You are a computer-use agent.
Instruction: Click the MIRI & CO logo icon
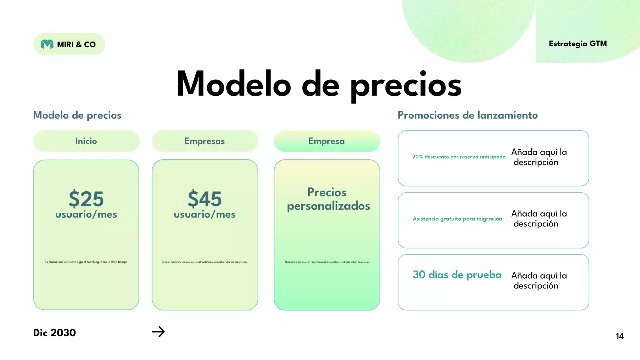coord(47,44)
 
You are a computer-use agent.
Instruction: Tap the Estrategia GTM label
coord(578,44)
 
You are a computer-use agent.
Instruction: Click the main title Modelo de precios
coord(319,84)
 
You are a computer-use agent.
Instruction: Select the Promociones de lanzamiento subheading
coord(467,115)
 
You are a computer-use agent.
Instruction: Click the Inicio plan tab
coord(86,141)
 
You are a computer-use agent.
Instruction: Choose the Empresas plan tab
coord(204,141)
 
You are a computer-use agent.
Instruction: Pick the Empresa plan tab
coord(326,141)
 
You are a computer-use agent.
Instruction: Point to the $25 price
coord(86,199)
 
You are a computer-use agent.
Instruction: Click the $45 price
coord(205,199)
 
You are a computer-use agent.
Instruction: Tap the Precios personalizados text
coord(328,199)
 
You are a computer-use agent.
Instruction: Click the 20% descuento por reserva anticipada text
coord(459,157)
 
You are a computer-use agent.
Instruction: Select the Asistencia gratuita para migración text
coord(457,219)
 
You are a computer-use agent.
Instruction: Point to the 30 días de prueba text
coord(457,275)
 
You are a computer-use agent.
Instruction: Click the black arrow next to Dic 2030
coord(158,332)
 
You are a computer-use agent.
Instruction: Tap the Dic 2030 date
coord(55,333)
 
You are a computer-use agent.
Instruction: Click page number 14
coord(620,337)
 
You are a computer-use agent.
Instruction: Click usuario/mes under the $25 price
coord(86,215)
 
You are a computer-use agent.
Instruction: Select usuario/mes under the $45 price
coord(205,215)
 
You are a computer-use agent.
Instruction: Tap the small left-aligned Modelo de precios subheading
coord(77,115)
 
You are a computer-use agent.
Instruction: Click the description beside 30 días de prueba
coord(539,281)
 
